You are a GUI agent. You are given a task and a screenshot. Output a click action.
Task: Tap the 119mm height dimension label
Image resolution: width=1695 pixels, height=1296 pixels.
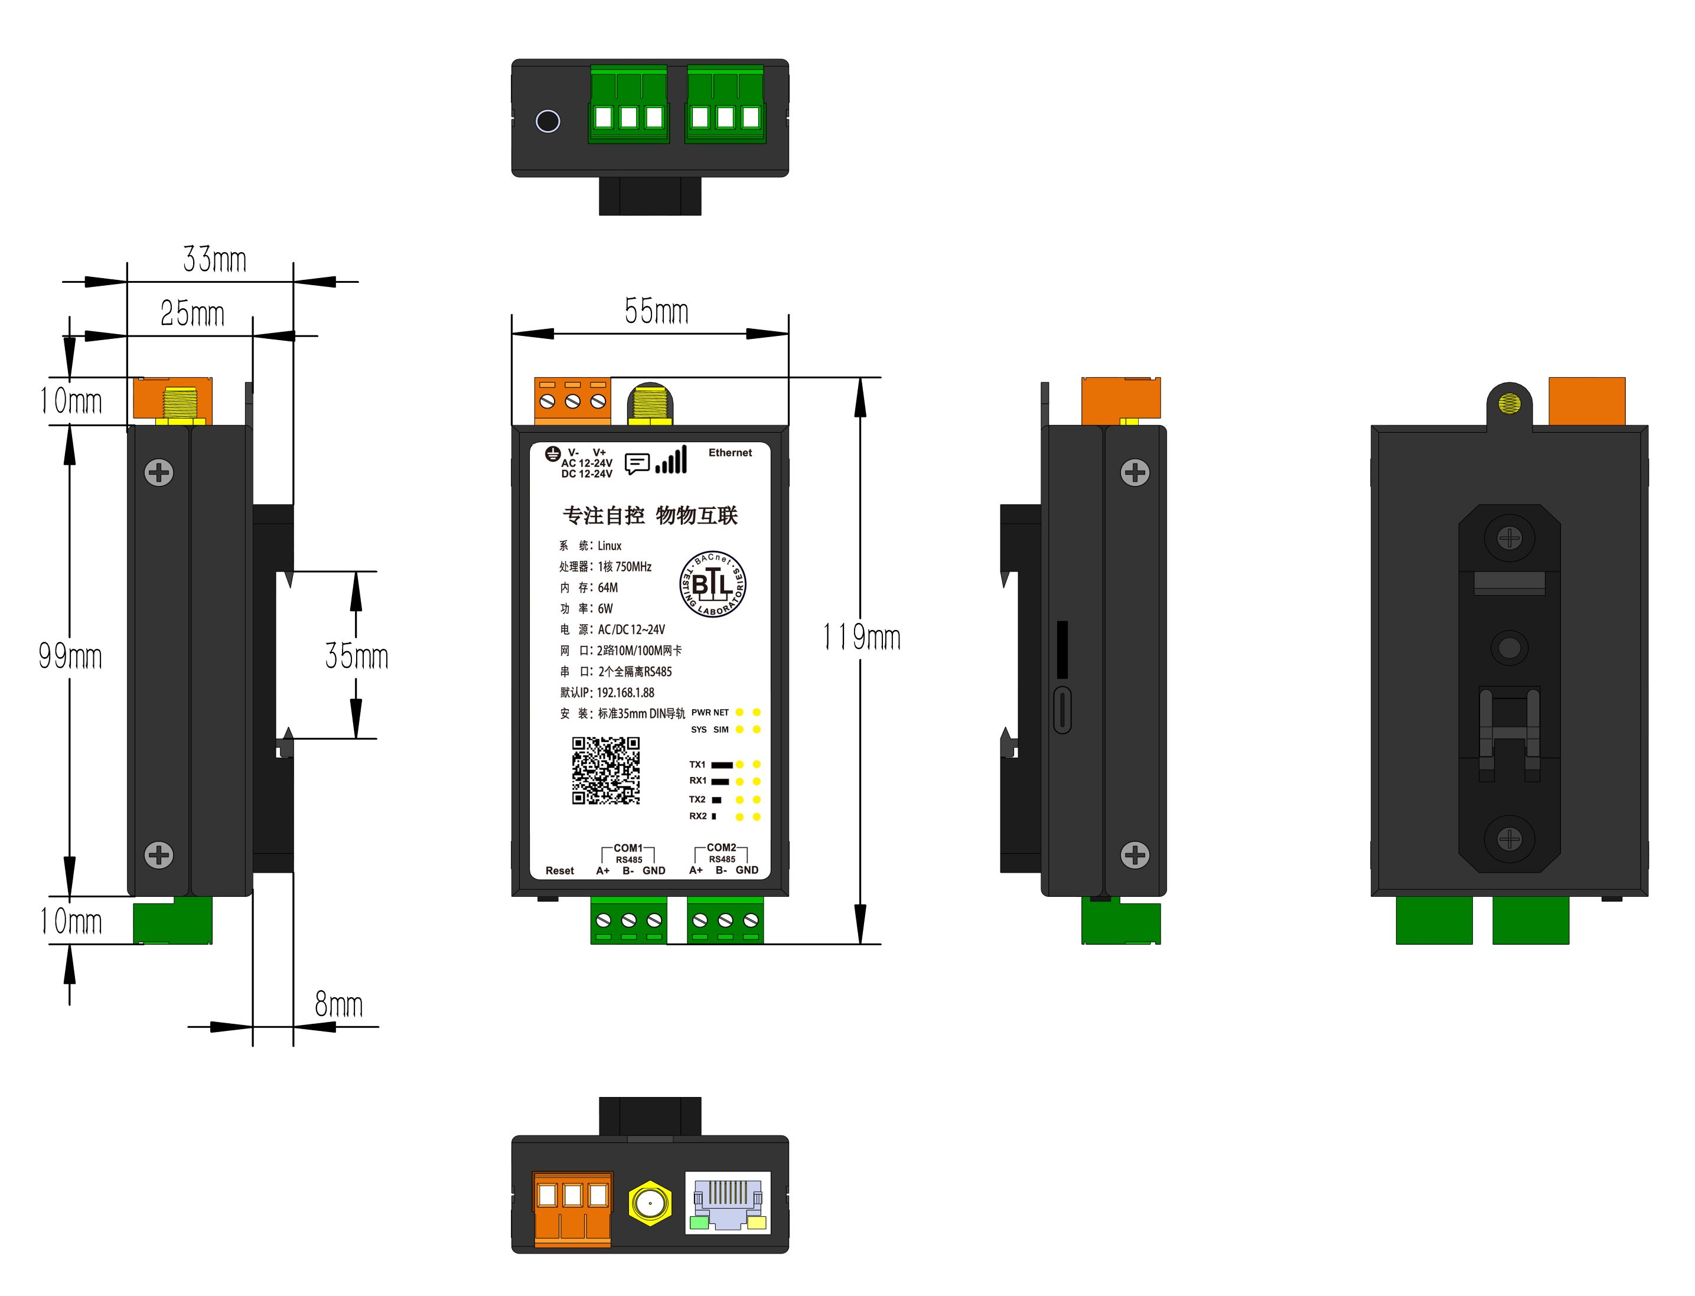tap(862, 637)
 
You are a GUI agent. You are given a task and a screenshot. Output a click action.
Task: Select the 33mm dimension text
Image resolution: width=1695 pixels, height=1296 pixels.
tap(214, 259)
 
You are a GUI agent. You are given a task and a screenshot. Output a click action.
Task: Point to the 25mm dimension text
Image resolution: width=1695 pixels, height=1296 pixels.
tap(192, 314)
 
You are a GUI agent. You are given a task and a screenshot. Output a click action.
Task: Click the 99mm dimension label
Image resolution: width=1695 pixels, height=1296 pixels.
tap(70, 656)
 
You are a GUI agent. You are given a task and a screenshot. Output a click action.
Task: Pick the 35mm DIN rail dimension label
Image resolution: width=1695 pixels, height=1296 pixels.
tap(357, 656)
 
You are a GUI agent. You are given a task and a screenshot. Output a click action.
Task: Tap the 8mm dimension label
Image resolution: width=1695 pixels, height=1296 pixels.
tap(338, 1004)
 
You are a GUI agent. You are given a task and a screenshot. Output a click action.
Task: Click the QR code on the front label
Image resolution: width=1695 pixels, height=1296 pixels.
tap(605, 770)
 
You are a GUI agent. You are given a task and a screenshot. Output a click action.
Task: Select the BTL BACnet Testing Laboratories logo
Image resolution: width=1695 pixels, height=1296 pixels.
tap(712, 584)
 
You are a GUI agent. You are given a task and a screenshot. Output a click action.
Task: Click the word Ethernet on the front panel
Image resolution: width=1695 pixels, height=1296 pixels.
tap(730, 453)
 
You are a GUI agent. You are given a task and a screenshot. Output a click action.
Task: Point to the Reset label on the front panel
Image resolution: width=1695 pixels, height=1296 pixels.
tap(559, 871)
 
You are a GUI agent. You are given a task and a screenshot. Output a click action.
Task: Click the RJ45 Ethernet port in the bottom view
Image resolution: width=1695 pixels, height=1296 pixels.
tap(728, 1203)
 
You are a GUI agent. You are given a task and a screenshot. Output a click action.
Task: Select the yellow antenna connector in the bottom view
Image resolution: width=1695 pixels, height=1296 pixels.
tap(650, 1203)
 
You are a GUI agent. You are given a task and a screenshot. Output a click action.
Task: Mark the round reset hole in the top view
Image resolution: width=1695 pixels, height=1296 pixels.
tap(547, 121)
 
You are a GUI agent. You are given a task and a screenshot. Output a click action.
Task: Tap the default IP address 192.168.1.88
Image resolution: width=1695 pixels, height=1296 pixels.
tap(625, 693)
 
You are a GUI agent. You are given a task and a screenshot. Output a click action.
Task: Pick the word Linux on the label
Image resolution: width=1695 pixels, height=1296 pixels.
tap(609, 546)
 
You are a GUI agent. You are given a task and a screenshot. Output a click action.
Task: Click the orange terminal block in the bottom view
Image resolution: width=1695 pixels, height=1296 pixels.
tap(572, 1209)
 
